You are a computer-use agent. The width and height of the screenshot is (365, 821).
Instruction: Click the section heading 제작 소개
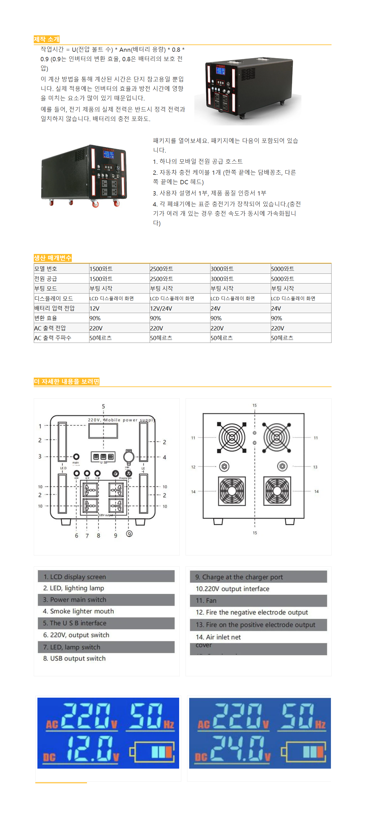(x=47, y=39)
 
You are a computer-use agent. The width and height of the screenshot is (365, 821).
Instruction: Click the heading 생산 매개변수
(x=53, y=258)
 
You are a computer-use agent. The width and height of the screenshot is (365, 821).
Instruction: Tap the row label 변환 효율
(x=46, y=318)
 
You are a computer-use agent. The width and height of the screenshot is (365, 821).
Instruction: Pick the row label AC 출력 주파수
(x=53, y=337)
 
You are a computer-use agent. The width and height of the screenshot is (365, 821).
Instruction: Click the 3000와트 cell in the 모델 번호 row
(x=222, y=269)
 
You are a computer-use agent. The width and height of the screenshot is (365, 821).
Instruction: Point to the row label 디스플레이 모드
(x=54, y=298)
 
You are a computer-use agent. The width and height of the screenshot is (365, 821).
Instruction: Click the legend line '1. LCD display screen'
(x=75, y=576)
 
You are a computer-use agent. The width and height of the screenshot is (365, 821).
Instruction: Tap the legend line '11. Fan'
(x=206, y=601)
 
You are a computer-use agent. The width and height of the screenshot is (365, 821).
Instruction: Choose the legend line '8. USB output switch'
(x=74, y=658)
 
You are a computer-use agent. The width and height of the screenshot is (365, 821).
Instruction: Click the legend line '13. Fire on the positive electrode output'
(x=255, y=625)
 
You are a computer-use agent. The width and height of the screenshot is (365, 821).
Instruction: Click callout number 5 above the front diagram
(x=103, y=406)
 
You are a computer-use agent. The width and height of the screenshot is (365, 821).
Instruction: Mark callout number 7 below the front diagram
(x=87, y=536)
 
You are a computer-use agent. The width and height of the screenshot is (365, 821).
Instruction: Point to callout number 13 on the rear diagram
(x=315, y=467)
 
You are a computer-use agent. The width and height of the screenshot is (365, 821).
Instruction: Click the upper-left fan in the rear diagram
(x=232, y=437)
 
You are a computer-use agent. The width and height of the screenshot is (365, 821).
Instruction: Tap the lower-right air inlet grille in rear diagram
(x=277, y=491)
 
